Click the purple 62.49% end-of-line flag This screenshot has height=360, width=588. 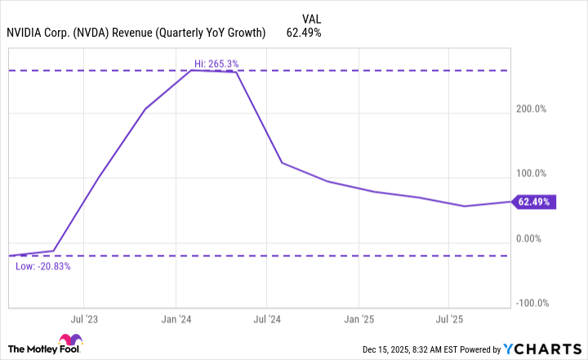point(535,202)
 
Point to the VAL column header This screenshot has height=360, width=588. point(311,17)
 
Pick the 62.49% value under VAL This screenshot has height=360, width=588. point(303,33)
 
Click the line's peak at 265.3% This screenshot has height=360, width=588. point(191,70)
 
